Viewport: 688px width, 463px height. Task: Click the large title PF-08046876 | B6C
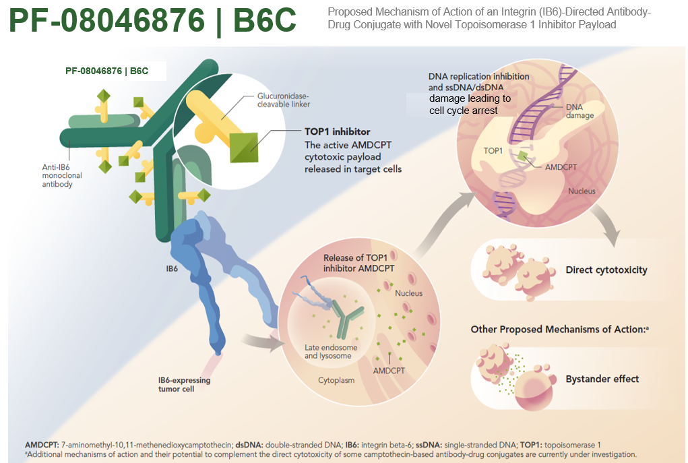[152, 20]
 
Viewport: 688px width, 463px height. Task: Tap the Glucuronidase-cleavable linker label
[284, 100]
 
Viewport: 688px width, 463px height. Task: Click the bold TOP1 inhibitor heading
[338, 131]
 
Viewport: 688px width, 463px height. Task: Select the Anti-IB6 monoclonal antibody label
[62, 175]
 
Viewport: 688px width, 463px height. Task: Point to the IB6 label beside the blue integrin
[172, 269]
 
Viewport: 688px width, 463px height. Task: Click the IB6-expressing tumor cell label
[184, 384]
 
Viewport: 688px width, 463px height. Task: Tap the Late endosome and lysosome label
[331, 352]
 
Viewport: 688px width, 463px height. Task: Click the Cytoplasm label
[336, 380]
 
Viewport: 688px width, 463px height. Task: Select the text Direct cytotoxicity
[606, 270]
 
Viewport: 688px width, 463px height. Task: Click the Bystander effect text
[602, 379]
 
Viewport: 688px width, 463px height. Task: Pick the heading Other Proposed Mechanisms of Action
[558, 329]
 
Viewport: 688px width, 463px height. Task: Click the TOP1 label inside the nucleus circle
[493, 151]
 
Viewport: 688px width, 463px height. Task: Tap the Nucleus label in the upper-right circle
[582, 191]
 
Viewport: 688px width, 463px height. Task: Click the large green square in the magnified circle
[244, 148]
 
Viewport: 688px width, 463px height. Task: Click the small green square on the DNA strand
[522, 156]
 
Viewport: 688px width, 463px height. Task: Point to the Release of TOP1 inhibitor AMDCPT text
[358, 263]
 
